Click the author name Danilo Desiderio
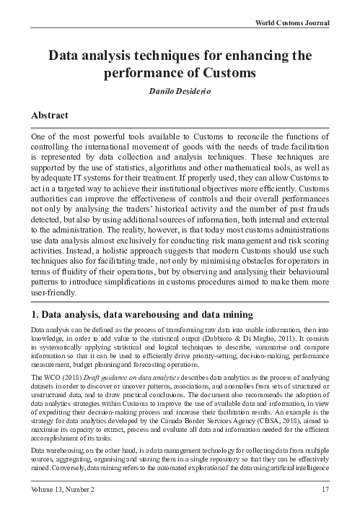click(x=180, y=92)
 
